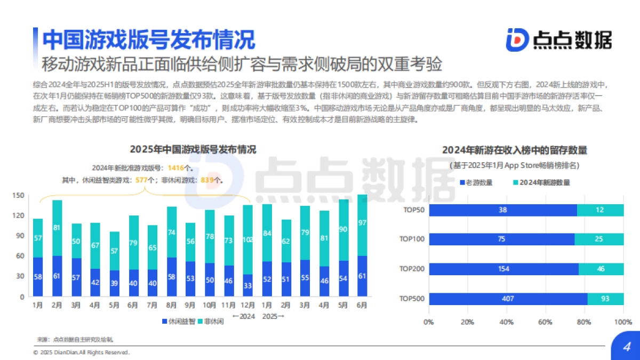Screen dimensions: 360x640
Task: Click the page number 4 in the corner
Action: point(627,347)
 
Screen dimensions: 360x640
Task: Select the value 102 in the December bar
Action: point(247,240)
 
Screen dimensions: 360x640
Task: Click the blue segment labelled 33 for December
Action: point(247,285)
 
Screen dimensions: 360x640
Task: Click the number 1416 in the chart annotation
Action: point(175,168)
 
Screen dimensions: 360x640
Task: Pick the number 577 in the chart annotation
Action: point(141,180)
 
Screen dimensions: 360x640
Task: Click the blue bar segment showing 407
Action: point(508,299)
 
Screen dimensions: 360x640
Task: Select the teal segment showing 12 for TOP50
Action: point(599,210)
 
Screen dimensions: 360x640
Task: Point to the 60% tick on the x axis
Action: point(545,322)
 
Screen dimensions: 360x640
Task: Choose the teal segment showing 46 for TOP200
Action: point(601,269)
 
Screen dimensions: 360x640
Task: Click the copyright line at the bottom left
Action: point(81,353)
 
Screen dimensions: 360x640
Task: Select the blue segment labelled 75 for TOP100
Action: point(501,239)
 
